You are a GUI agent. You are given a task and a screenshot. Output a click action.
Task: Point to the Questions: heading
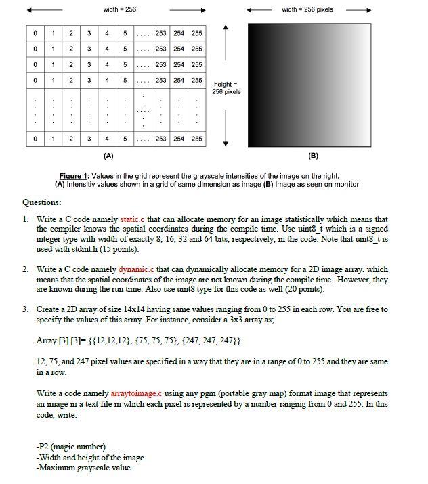pos(42,202)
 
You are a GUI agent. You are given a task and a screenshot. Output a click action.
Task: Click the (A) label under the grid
pos(112,155)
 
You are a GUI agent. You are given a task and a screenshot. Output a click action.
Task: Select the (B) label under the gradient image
pos(313,155)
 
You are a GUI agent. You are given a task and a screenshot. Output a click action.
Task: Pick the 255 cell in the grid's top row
pos(196,33)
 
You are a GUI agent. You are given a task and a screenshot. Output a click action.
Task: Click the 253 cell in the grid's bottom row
pos(161,139)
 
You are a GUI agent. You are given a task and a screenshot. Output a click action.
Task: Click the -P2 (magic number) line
pos(71,447)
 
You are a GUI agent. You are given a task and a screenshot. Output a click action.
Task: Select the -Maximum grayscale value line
pos(83,468)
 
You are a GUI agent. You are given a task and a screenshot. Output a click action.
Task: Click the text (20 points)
pos(301,290)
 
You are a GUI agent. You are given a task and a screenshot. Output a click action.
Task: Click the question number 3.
pos(25,309)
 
